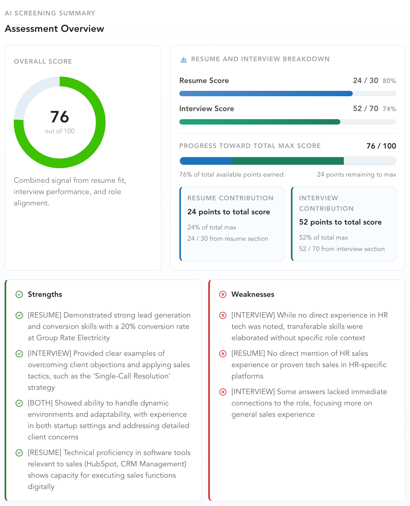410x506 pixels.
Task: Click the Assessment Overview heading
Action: (x=54, y=29)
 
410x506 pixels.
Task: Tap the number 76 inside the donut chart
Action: (x=60, y=117)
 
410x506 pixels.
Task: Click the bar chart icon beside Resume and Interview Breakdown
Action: (x=184, y=59)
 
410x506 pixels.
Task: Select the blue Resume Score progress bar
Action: (x=266, y=94)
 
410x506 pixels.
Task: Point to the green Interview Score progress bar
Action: (x=260, y=122)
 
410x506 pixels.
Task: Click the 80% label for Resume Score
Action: (x=389, y=81)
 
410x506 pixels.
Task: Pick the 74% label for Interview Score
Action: (x=389, y=109)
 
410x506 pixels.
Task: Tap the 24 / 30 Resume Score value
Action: (x=365, y=81)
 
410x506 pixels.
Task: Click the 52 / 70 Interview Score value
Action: (x=365, y=109)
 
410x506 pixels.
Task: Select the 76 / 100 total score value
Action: (x=381, y=146)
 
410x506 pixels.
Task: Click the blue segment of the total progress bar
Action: (x=206, y=161)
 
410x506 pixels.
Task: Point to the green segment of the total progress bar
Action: (x=288, y=161)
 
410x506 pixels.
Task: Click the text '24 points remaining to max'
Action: (x=357, y=175)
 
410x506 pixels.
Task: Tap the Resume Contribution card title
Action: (x=230, y=198)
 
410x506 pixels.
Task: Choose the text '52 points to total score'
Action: (x=340, y=222)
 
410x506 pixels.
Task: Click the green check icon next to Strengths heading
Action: (x=19, y=294)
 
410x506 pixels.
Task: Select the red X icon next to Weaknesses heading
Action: (x=223, y=294)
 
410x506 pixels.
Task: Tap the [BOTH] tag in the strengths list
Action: (x=40, y=403)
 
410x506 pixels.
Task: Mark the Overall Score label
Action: (x=43, y=61)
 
